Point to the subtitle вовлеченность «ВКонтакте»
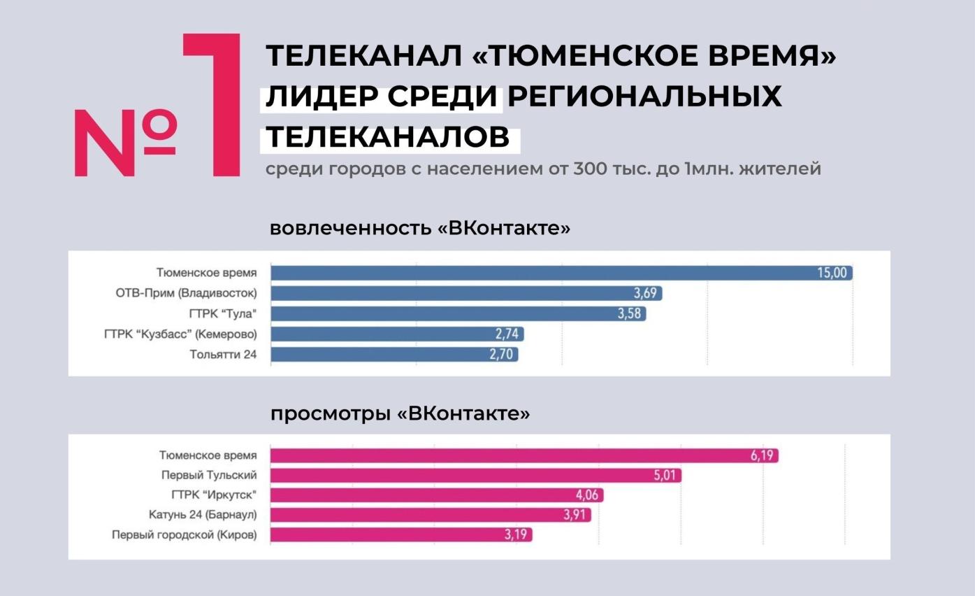[x=420, y=228]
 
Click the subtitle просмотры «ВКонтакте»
[x=400, y=413]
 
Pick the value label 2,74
[x=508, y=334]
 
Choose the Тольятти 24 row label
[x=223, y=355]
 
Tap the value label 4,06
[x=588, y=495]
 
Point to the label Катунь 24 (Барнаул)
[x=203, y=516]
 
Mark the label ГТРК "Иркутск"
[x=214, y=495]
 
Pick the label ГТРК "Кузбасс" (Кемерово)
[x=180, y=334]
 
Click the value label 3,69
[x=645, y=293]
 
